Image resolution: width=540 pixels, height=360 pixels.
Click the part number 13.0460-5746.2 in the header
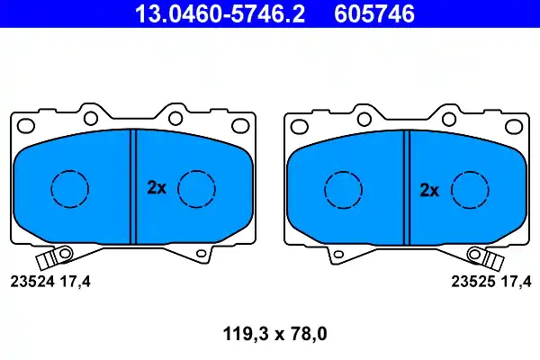coord(220,13)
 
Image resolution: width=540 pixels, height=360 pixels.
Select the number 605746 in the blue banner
coord(374,13)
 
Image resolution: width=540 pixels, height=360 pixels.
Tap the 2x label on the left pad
coord(157,188)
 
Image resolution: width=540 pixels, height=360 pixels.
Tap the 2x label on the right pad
coord(429,190)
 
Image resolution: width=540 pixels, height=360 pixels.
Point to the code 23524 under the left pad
coord(32,282)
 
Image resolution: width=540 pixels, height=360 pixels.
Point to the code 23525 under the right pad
coord(473,282)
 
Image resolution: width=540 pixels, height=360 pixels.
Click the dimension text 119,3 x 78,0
coord(274,334)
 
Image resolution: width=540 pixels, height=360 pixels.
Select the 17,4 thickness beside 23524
coord(76,282)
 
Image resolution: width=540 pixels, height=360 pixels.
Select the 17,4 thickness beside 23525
coord(517,282)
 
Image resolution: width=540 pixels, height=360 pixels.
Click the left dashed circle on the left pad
coord(51,189)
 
